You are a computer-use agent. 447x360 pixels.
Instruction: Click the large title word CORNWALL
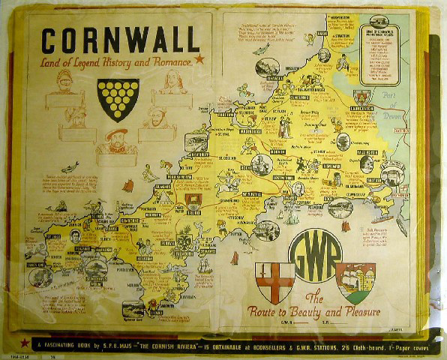coord(120,39)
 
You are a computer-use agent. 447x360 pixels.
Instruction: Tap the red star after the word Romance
coord(199,58)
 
